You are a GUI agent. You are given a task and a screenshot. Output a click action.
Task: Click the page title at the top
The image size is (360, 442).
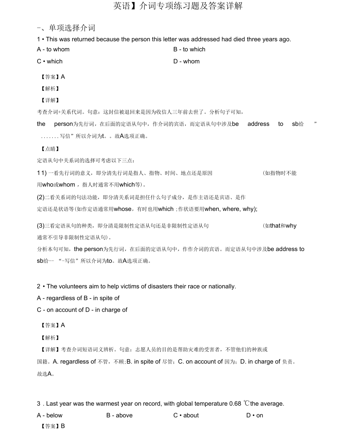point(178,6)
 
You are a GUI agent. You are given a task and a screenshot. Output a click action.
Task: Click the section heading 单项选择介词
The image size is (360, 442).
point(72,28)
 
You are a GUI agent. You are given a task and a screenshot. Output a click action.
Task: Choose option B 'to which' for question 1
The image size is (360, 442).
point(189,49)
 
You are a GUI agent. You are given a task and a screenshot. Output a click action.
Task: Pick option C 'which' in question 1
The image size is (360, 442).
point(50,61)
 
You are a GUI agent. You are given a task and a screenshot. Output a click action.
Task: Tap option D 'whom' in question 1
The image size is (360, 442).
point(187,61)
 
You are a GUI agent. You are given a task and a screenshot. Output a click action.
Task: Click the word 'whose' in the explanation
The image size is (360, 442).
point(122,209)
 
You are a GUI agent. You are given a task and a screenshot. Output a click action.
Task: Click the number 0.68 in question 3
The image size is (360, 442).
point(235,404)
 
